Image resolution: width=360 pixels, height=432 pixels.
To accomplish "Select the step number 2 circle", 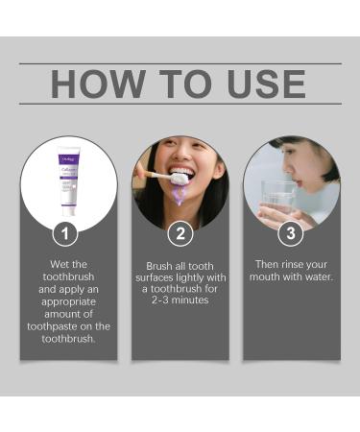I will [180, 232].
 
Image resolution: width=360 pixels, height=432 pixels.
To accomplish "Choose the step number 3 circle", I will [291, 232].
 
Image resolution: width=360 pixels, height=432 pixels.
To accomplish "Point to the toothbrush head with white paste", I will [178, 179].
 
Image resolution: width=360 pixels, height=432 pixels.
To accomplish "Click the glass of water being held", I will [277, 197].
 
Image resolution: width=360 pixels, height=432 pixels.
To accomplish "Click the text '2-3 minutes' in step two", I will [180, 300].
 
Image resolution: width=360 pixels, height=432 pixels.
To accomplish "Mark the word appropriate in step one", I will [69, 300].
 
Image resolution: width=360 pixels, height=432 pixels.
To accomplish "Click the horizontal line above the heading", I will [180, 63].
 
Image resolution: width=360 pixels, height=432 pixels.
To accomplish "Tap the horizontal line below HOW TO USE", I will [180, 104].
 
